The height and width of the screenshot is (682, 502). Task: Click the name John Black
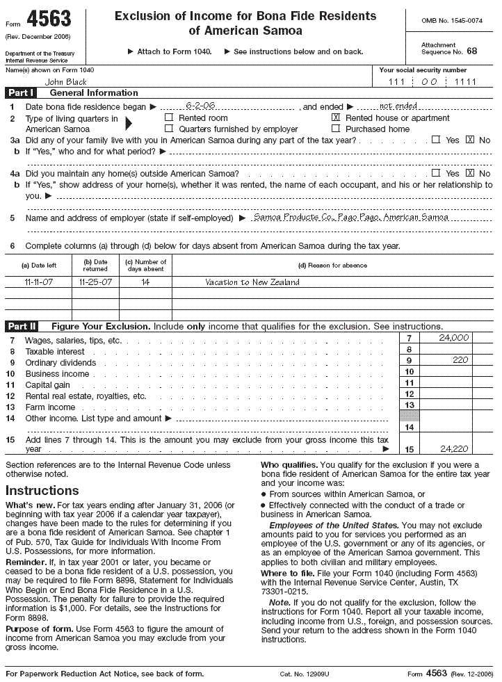(x=64, y=81)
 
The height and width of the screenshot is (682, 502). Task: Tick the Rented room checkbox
(x=168, y=118)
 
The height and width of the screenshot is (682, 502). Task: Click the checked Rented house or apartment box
(x=336, y=118)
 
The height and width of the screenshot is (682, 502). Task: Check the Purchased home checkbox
(x=336, y=129)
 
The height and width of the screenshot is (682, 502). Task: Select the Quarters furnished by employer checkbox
(x=168, y=129)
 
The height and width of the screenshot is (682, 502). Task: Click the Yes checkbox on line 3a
(x=436, y=140)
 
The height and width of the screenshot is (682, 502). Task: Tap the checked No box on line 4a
(x=470, y=173)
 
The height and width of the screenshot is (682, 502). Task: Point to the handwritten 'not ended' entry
(x=398, y=106)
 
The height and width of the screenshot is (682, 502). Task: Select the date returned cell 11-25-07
(x=95, y=282)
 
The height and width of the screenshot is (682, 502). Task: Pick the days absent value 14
(x=145, y=282)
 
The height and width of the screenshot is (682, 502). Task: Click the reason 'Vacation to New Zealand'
(x=252, y=282)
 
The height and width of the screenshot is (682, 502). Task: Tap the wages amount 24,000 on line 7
(x=454, y=337)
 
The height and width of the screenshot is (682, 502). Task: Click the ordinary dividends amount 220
(x=460, y=360)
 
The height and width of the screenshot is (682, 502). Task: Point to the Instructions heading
(x=42, y=490)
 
